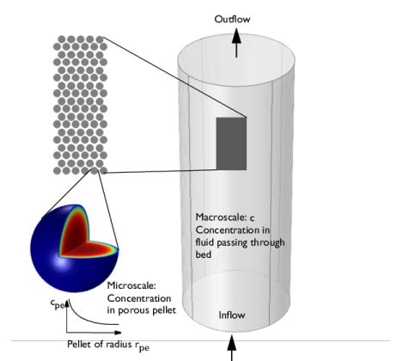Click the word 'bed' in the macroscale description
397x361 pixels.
coord(205,254)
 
